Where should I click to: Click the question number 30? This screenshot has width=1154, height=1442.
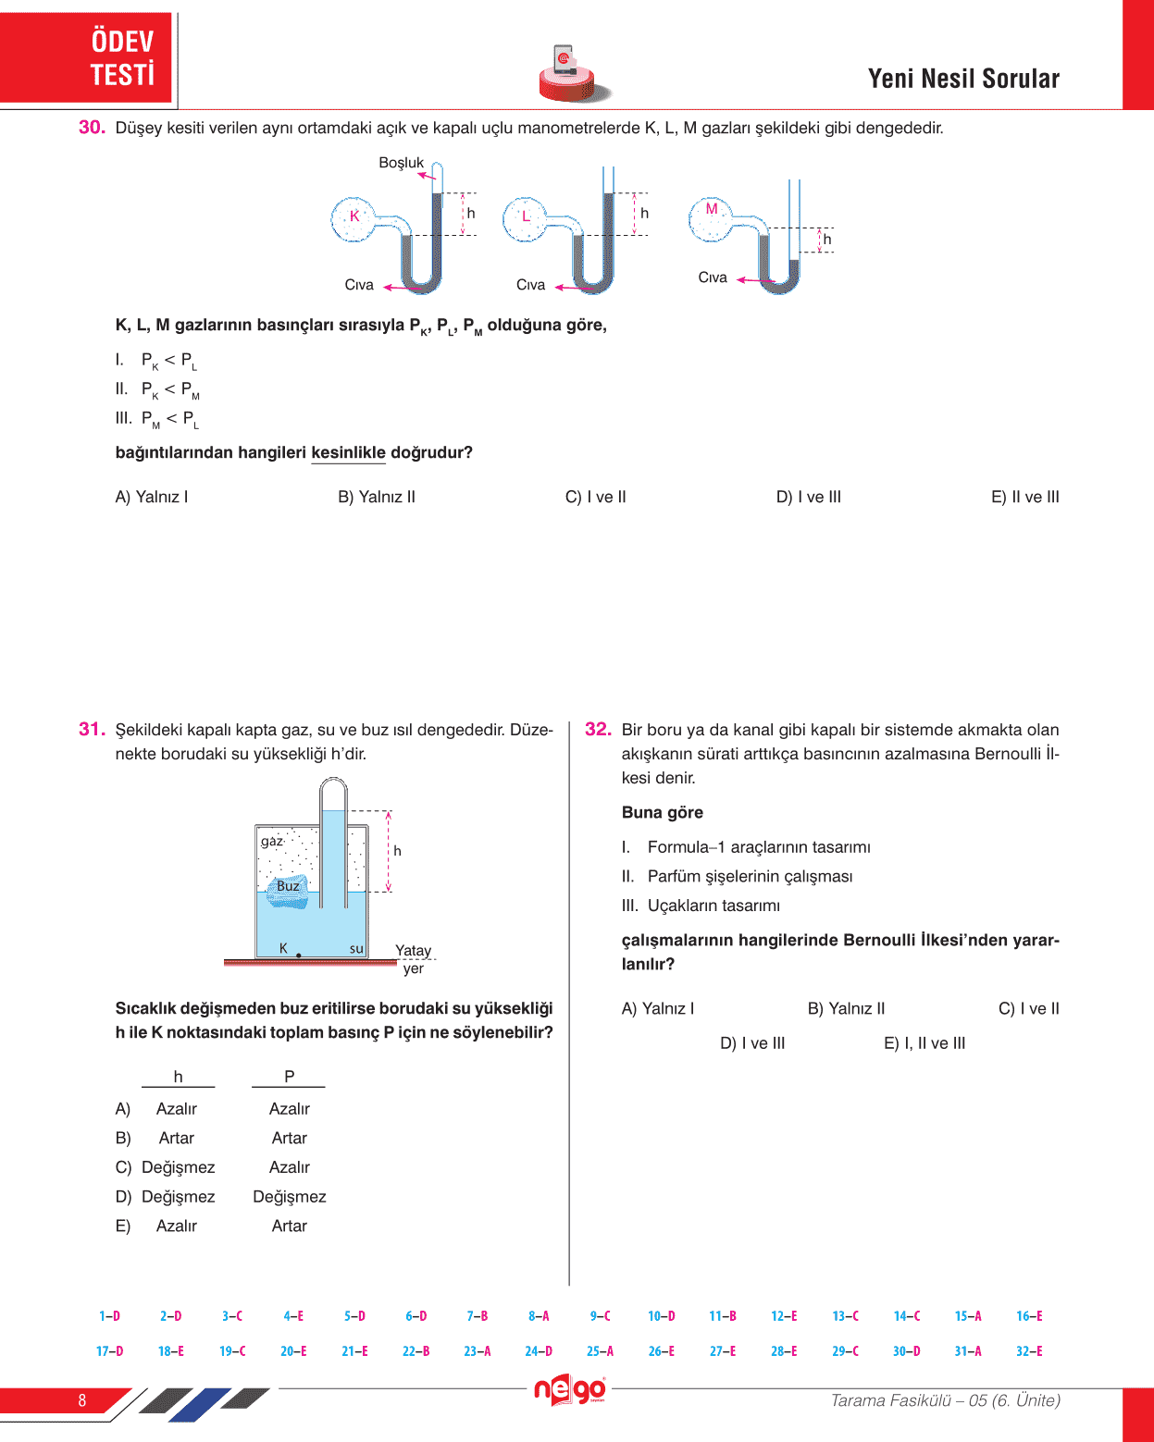[92, 128]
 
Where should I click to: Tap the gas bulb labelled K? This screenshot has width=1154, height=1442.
[354, 218]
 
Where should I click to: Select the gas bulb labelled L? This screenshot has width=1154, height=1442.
[525, 218]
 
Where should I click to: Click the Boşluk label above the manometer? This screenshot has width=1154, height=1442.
[401, 163]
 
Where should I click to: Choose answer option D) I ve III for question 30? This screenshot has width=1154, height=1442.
[808, 497]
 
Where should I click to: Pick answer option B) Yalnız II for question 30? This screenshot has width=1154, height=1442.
[377, 497]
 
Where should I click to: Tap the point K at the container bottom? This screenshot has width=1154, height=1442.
[298, 955]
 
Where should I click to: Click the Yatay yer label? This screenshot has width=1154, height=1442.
[413, 959]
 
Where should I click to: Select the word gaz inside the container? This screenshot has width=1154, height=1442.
[272, 841]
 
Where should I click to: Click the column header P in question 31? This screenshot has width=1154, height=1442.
[289, 1077]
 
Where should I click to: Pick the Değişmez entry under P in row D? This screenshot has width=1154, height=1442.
[289, 1197]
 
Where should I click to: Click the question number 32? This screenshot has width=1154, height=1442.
[598, 730]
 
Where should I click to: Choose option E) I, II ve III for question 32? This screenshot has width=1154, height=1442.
[924, 1043]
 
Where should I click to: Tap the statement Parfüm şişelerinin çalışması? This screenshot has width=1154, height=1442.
[750, 876]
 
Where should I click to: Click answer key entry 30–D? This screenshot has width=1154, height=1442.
[906, 1351]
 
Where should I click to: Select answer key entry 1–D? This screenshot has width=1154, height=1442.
[109, 1316]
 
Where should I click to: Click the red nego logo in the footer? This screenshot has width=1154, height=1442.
[570, 1390]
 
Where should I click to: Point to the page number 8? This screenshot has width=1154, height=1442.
[82, 1400]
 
